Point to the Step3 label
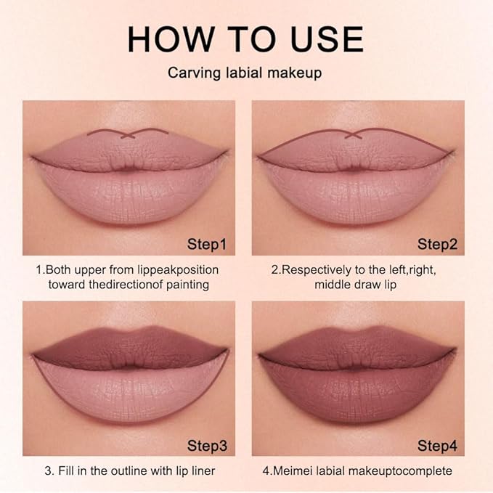coord(206,444)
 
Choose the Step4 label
coord(436,444)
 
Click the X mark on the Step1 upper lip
coord(128,134)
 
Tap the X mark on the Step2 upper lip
coord(356,134)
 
